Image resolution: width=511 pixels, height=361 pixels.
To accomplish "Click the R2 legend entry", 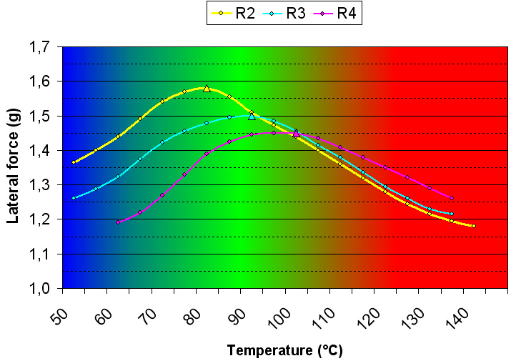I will pyautogui.click(x=235, y=13).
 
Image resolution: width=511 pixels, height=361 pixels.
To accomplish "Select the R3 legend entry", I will pyautogui.click(x=284, y=13).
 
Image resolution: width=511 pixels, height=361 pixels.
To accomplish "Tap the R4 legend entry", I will pyautogui.click(x=334, y=13).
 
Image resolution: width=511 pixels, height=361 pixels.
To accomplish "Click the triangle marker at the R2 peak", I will pyautogui.click(x=207, y=88).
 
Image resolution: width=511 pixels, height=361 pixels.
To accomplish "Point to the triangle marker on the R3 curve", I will pyautogui.click(x=252, y=116).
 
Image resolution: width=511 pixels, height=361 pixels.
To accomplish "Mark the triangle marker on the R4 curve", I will pyautogui.click(x=296, y=134).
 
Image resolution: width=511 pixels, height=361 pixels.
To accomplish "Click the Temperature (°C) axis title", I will pyautogui.click(x=285, y=350).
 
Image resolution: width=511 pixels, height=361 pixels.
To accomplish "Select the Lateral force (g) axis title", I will pyautogui.click(x=14, y=167).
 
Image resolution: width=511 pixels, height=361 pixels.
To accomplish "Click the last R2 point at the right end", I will pyautogui.click(x=473, y=226).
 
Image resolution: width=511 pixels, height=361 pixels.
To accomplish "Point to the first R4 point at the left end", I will pyautogui.click(x=118, y=222).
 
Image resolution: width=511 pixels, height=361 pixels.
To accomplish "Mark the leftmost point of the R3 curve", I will pyautogui.click(x=74, y=198).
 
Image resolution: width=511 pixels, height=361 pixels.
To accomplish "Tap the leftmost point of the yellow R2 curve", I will pyautogui.click(x=74, y=162).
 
